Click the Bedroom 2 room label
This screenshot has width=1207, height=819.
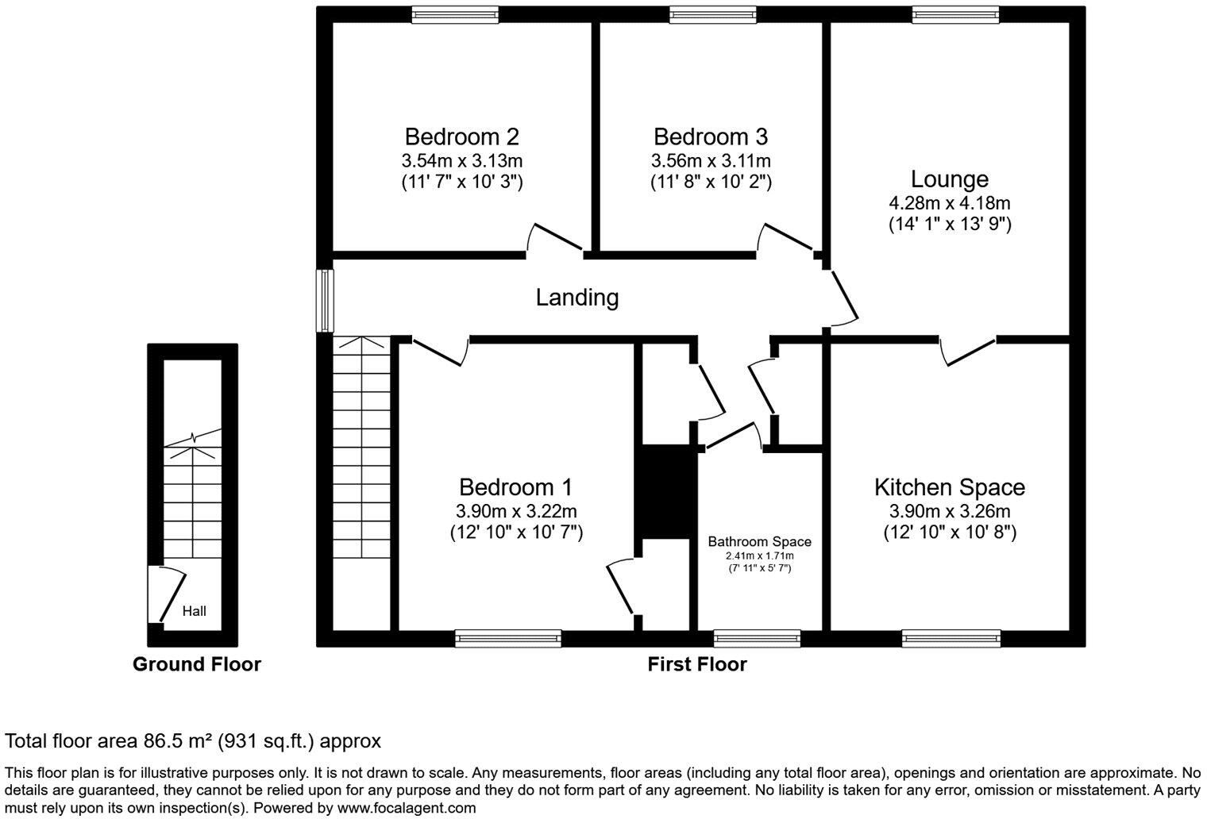coord(461,136)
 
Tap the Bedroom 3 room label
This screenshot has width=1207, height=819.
coord(711,136)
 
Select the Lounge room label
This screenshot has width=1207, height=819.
coord(949,179)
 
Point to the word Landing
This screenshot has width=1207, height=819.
coord(577,298)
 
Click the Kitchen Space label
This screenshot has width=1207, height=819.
coord(949,486)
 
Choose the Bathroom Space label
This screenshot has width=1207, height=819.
coord(759,541)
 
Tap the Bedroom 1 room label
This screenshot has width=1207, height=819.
coord(515,486)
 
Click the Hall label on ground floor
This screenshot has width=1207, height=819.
coord(194,610)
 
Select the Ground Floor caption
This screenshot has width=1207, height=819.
coord(196,664)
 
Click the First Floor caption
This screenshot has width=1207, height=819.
coord(696,664)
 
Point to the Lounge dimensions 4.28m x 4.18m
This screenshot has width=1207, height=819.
coord(949,203)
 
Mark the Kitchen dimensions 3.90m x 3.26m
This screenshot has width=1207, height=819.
coord(949,511)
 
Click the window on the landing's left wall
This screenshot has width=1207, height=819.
coord(324,301)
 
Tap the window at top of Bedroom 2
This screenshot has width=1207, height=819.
coord(455,13)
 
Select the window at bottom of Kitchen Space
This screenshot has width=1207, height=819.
coord(951,638)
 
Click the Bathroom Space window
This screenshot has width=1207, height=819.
coord(757,638)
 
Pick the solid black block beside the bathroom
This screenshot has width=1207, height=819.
coord(665,492)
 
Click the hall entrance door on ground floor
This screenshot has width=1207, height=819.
coord(169,595)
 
